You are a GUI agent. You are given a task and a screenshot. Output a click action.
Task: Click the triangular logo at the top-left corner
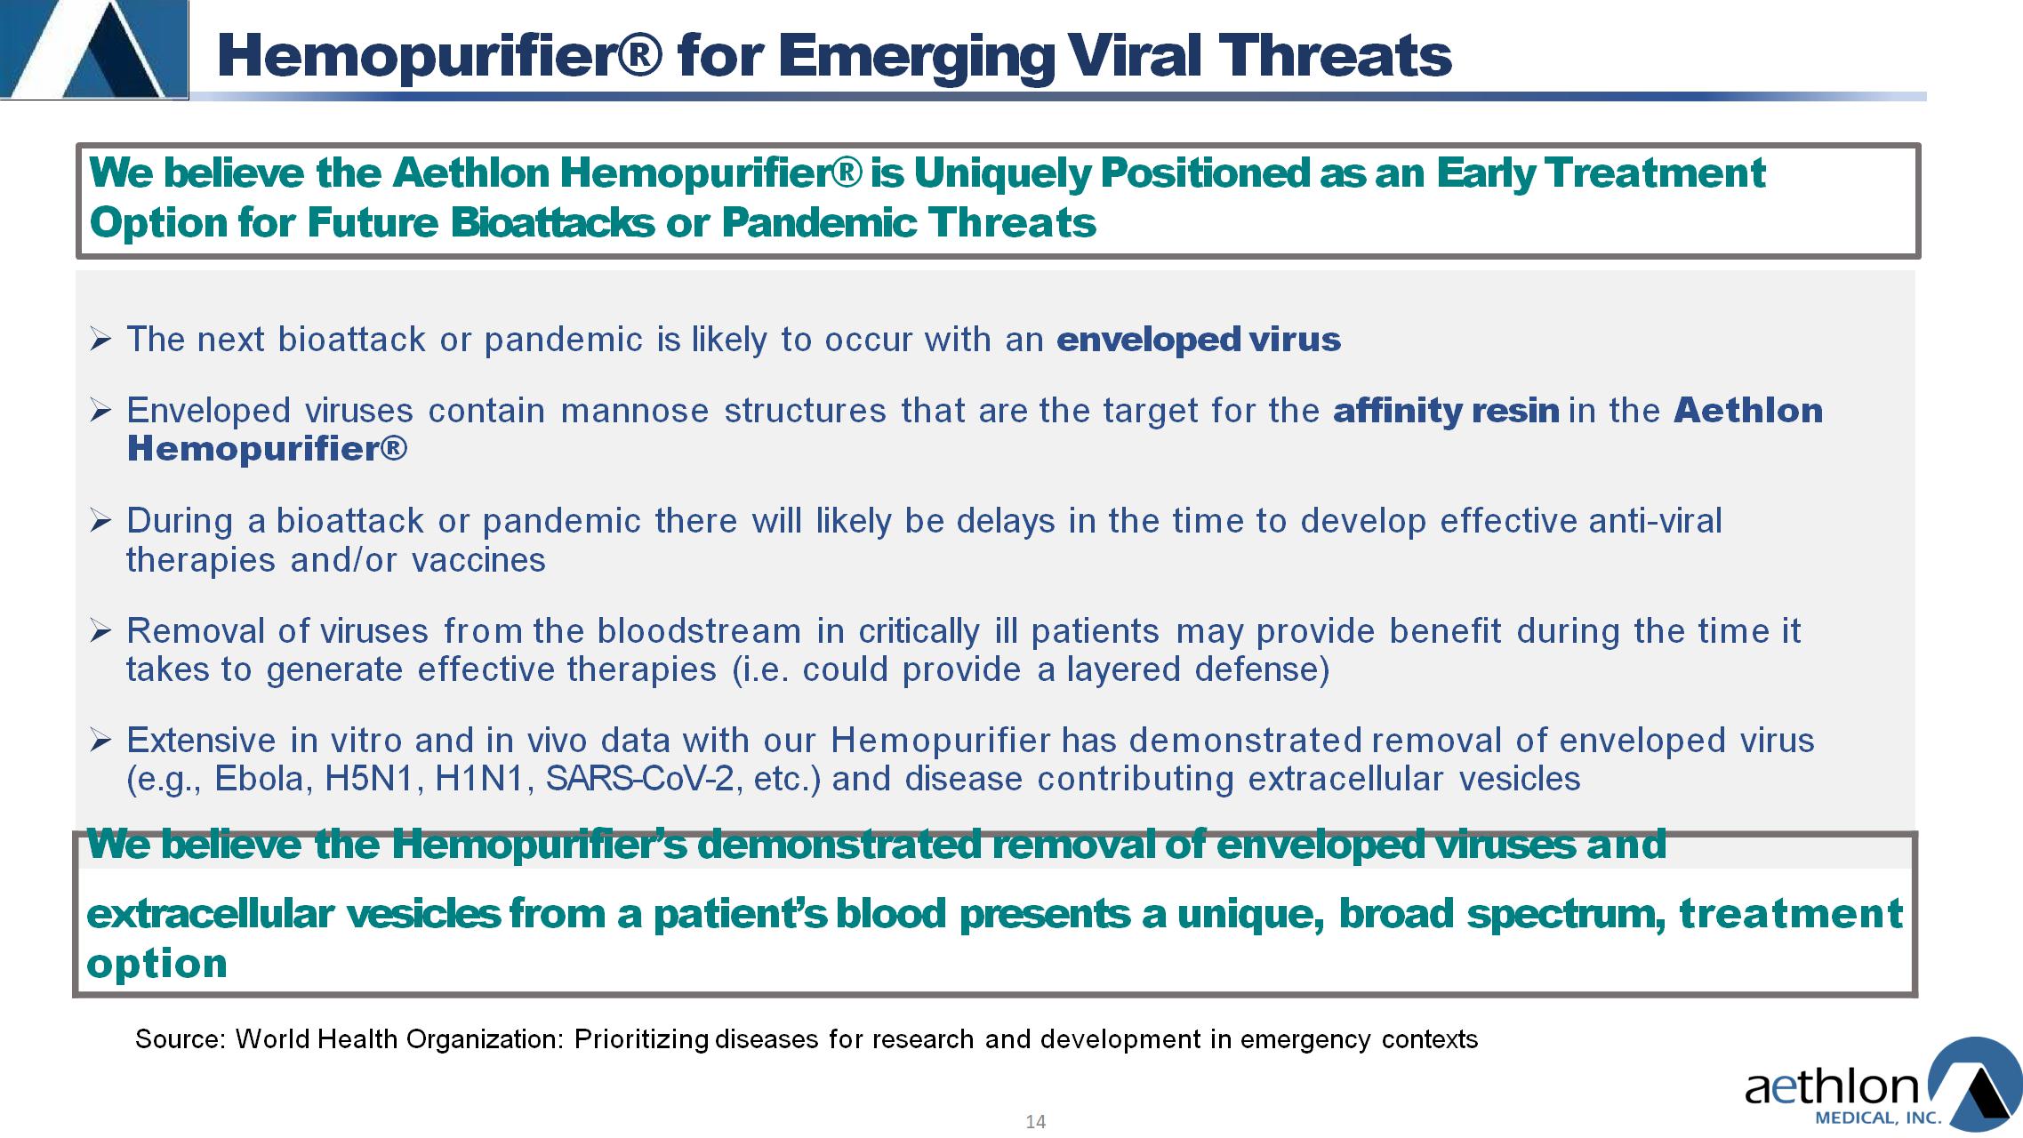(x=93, y=49)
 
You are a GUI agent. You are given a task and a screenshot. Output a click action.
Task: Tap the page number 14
(x=1035, y=1122)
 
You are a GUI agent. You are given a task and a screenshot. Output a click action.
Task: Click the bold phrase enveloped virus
(x=1198, y=340)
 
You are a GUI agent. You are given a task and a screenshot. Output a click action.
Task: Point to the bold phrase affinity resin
(x=1446, y=411)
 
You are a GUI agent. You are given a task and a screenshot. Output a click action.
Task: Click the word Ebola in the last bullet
(x=263, y=779)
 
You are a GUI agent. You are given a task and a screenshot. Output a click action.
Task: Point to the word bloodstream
(x=699, y=631)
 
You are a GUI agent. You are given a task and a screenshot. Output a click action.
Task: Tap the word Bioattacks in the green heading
(x=552, y=222)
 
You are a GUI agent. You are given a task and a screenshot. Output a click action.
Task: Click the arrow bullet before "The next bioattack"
(x=100, y=340)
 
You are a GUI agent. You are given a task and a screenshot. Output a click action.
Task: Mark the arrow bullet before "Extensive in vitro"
(x=100, y=741)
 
